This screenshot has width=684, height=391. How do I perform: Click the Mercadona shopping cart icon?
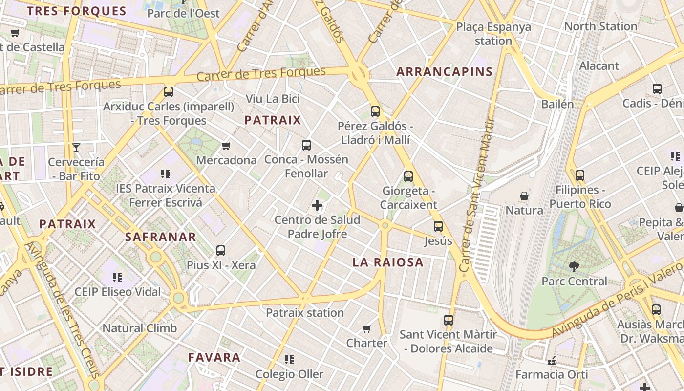click(226, 146)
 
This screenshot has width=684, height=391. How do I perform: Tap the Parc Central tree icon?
click(574, 266)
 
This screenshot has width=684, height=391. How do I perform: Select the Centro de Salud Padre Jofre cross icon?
click(317, 205)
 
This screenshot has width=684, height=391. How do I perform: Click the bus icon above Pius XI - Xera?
click(221, 251)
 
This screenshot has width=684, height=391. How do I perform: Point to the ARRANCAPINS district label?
click(444, 72)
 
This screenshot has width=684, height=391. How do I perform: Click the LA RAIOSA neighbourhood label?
click(388, 262)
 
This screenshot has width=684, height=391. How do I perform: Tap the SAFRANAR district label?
click(160, 237)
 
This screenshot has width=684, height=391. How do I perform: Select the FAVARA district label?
click(214, 357)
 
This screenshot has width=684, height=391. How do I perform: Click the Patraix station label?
click(305, 313)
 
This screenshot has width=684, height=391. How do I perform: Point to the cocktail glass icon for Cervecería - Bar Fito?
click(76, 147)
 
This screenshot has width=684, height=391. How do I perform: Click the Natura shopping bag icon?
click(524, 196)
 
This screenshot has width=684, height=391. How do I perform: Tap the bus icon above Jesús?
click(438, 226)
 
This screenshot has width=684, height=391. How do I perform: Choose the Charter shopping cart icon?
click(367, 328)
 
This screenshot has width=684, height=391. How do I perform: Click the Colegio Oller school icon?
click(289, 360)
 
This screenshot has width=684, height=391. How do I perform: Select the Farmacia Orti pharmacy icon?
click(552, 361)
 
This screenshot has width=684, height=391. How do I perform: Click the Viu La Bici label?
click(273, 99)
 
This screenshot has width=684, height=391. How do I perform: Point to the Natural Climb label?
click(140, 328)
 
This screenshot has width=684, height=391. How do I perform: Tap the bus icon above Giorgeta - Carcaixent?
click(408, 176)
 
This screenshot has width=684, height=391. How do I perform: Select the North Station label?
click(600, 26)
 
